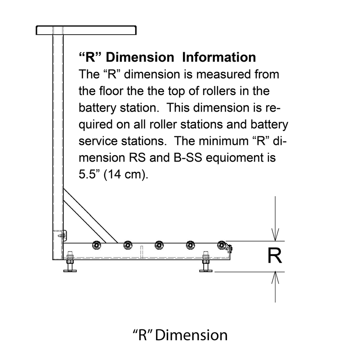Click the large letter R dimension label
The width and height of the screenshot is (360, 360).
tap(275, 256)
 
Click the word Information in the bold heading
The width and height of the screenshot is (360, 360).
tap(219, 57)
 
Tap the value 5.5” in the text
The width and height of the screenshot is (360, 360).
tap(87, 174)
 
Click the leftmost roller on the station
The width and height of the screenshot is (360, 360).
tap(97, 245)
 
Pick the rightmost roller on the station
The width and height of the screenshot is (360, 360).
tap(222, 245)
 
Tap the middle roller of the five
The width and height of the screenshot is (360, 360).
tap(159, 245)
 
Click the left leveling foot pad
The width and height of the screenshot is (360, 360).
tap(70, 271)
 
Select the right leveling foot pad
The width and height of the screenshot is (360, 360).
tap(206, 271)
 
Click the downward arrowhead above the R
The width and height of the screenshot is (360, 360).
tap(275, 234)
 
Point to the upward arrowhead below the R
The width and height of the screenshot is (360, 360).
tap(275, 278)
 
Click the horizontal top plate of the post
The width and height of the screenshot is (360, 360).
tap(86, 30)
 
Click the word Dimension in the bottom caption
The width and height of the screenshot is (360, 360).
tap(191, 335)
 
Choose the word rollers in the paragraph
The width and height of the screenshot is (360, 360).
tap(219, 91)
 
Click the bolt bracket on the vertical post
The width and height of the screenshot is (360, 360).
tap(62, 235)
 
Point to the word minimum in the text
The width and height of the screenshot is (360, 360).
tap(223, 141)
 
